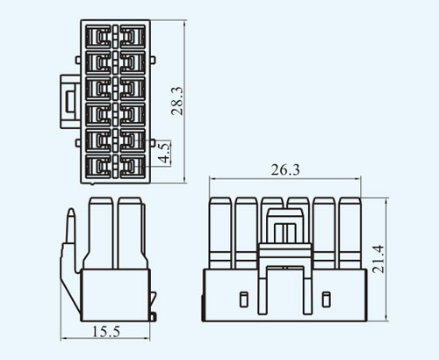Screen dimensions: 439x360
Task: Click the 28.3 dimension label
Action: point(177,101)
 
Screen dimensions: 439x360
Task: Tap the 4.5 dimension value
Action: point(164,152)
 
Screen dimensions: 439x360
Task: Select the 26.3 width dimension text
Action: point(285,170)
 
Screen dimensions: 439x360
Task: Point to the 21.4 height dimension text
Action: point(378,259)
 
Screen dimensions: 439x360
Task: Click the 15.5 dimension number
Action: point(106,332)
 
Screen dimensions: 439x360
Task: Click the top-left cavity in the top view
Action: point(98,37)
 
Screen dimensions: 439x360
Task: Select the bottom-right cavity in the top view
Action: point(133,166)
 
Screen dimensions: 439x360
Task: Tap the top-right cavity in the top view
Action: point(133,37)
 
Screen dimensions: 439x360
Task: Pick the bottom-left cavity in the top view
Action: point(98,166)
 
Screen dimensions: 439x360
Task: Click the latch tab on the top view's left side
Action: point(70,102)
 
